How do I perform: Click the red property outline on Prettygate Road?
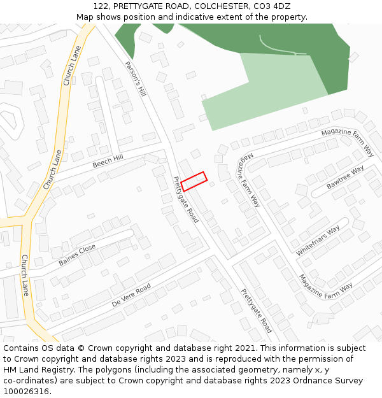(x=194, y=181)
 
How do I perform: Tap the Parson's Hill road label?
(x=136, y=79)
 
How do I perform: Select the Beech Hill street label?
(x=108, y=160)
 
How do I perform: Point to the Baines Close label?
(x=77, y=255)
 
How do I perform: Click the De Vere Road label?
(x=131, y=295)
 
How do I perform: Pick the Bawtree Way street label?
(x=344, y=178)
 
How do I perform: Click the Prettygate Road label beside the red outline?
(x=185, y=199)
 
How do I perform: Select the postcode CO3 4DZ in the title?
(x=272, y=6)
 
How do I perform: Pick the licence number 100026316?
(x=27, y=392)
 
